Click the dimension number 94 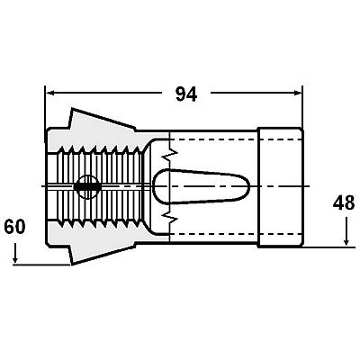coord(186,94)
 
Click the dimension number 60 coord(14,227)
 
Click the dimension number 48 coord(344,203)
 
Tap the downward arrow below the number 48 coord(346,231)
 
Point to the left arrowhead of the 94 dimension coord(49,93)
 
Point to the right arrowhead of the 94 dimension coord(297,93)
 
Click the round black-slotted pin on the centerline coord(87,186)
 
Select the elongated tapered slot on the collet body coord(201,186)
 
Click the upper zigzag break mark coord(171,153)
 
